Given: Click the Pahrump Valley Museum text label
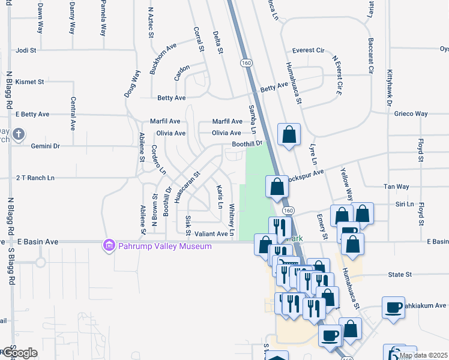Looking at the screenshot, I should point(164,246).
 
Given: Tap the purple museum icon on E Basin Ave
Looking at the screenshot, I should point(109,245).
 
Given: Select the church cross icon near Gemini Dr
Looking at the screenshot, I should point(19,134).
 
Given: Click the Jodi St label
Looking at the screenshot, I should point(26,50).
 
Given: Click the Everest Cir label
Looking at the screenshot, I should point(308,50).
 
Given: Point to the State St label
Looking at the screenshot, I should point(399,274).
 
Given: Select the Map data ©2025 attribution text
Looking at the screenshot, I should point(423,356).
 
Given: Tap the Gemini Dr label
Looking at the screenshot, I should point(45,146).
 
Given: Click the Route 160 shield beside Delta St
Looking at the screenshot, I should point(246,62).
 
